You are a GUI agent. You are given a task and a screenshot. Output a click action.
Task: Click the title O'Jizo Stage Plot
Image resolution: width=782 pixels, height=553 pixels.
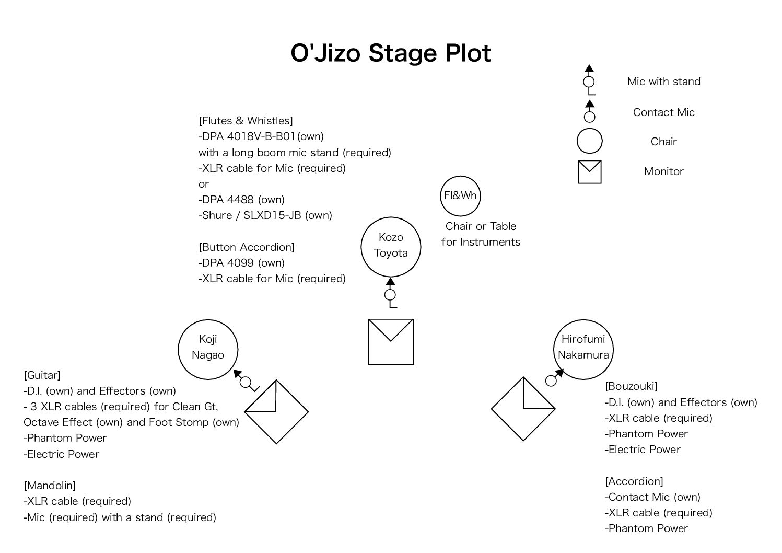click(391, 53)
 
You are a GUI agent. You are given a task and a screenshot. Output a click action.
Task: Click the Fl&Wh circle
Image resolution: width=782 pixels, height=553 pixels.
click(460, 195)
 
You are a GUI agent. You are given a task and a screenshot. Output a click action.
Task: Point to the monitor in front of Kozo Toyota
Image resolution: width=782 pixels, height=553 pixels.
click(391, 342)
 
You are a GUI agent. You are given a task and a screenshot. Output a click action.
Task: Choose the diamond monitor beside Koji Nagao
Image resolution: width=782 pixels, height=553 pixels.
click(277, 412)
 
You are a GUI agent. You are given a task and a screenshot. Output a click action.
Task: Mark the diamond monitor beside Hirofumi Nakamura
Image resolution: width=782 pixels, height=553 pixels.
click(523, 409)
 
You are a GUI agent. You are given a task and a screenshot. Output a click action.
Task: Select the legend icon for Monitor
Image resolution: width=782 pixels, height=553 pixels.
click(589, 172)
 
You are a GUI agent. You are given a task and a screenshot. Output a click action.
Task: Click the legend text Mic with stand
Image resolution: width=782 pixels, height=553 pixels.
click(663, 82)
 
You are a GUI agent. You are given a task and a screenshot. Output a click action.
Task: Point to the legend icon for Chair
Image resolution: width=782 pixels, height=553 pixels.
click(589, 141)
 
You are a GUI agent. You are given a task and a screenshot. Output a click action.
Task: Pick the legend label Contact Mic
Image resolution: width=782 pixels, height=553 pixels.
click(663, 112)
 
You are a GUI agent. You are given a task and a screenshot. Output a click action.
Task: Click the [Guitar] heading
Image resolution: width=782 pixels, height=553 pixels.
click(42, 375)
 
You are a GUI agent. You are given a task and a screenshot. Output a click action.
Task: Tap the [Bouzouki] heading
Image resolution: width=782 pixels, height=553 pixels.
click(631, 386)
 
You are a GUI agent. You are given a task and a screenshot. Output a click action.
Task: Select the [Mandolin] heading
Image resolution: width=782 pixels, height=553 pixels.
click(50, 486)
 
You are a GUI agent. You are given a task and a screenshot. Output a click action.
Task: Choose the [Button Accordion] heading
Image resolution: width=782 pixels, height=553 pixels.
click(247, 247)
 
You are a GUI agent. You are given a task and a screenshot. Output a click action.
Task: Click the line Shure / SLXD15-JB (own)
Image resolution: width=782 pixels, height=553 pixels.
click(265, 215)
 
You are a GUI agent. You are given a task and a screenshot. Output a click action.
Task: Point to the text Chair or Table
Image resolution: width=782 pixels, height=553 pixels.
click(481, 226)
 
